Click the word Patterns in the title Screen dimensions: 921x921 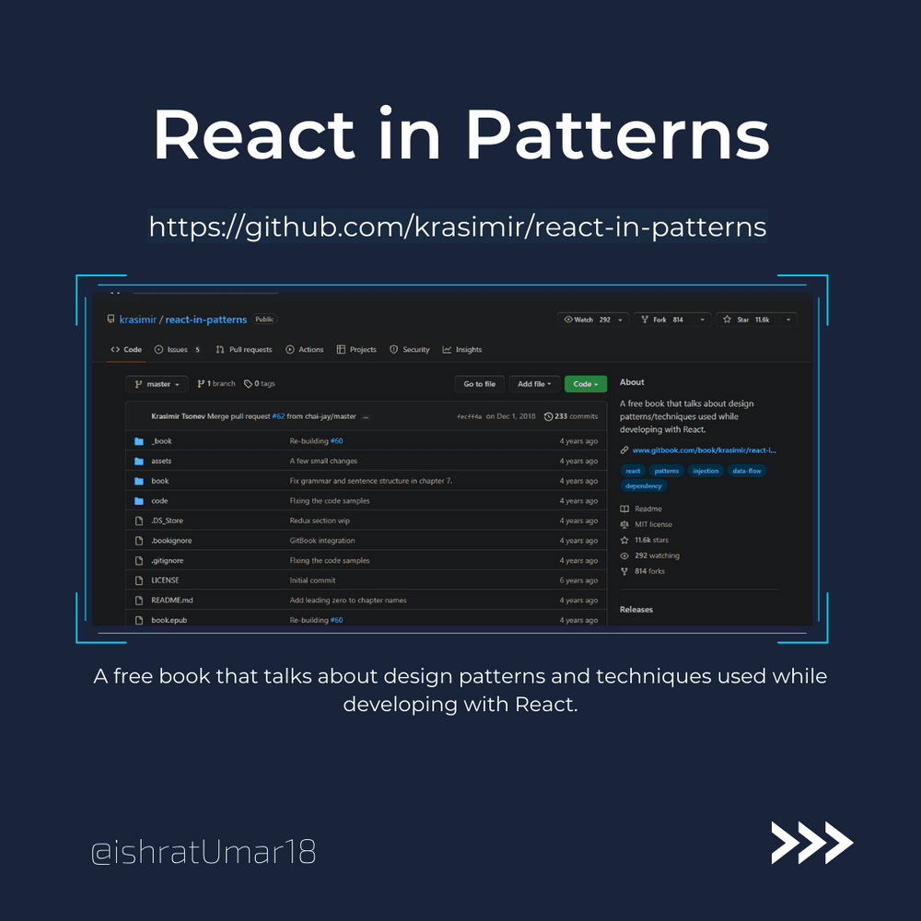pyautogui.click(x=617, y=134)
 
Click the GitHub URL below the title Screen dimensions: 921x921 pyautogui.click(x=458, y=227)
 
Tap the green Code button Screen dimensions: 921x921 pyautogui.click(x=585, y=384)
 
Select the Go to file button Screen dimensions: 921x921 pyautogui.click(x=479, y=384)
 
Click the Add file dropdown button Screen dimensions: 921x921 pyautogui.click(x=534, y=384)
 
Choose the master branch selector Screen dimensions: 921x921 pyautogui.click(x=157, y=384)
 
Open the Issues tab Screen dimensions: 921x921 pyautogui.click(x=177, y=349)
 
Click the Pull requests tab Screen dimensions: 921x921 pyautogui.click(x=244, y=349)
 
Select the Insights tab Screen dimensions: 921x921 pyautogui.click(x=462, y=349)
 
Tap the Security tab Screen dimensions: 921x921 pyautogui.click(x=410, y=349)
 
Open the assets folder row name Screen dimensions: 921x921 pyautogui.click(x=161, y=461)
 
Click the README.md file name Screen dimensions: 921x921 pyautogui.click(x=172, y=600)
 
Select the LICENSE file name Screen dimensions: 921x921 pyautogui.click(x=165, y=580)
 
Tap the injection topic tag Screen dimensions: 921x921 pyautogui.click(x=705, y=471)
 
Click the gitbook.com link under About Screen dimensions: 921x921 pyautogui.click(x=704, y=450)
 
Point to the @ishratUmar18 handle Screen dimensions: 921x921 pyautogui.click(x=204, y=852)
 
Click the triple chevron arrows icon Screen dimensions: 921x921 pyautogui.click(x=811, y=843)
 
